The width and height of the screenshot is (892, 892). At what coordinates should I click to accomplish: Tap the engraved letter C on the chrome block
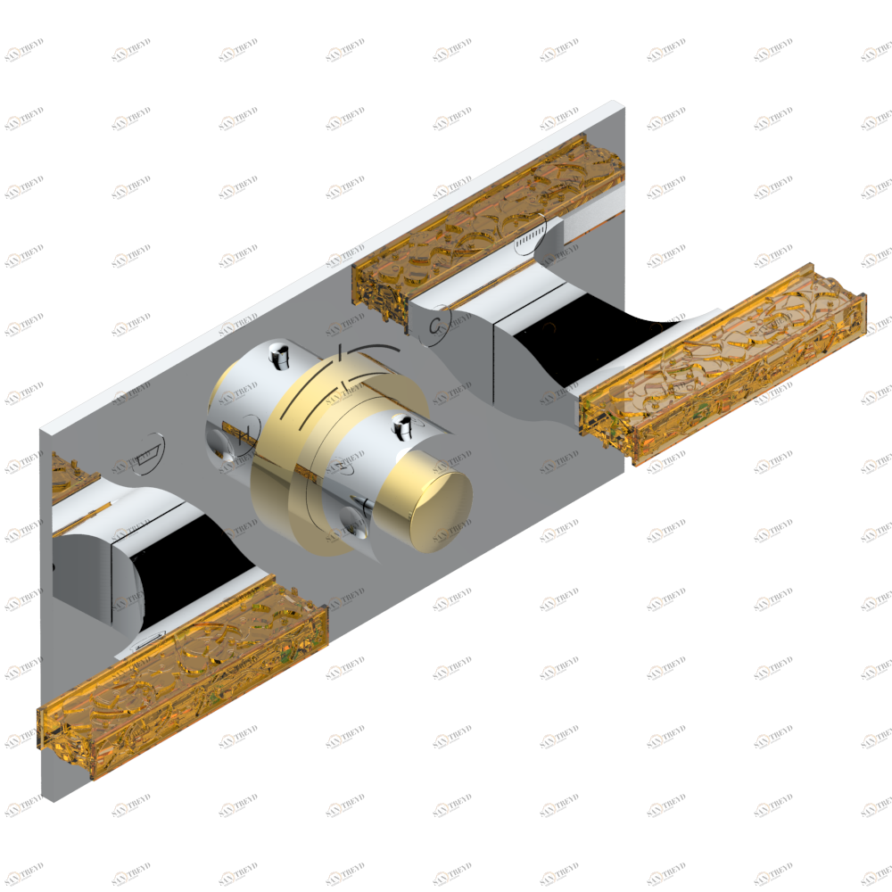click(x=437, y=323)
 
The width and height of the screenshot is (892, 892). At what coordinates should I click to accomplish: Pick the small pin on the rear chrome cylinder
click(x=278, y=354)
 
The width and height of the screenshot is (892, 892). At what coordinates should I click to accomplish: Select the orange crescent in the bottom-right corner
click(x=871, y=808)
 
